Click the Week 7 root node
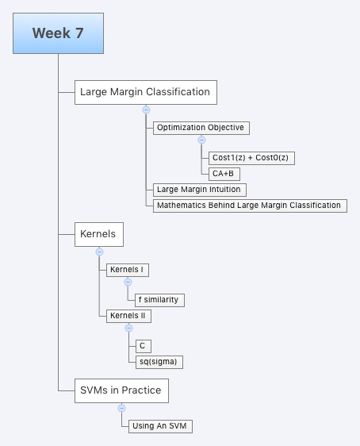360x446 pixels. tap(59, 33)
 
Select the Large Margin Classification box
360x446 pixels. tap(145, 92)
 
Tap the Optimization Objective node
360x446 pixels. tap(200, 127)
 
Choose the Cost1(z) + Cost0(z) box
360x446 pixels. tap(252, 158)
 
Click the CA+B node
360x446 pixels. tap(224, 174)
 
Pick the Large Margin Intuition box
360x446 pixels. tap(198, 190)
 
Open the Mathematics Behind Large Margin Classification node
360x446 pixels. tap(248, 206)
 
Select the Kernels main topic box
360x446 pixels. tap(98, 234)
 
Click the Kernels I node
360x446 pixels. tap(127, 270)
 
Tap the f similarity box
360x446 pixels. tap(160, 300)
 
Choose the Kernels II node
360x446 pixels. tap(128, 315)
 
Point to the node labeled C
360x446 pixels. tap(142, 346)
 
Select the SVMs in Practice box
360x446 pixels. tap(121, 390)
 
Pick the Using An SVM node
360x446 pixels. tap(160, 426)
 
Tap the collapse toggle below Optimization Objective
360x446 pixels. tap(201, 140)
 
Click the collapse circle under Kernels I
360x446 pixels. tap(127, 283)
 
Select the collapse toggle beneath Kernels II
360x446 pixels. tap(128, 329)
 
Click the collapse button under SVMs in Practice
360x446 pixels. tap(121, 408)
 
